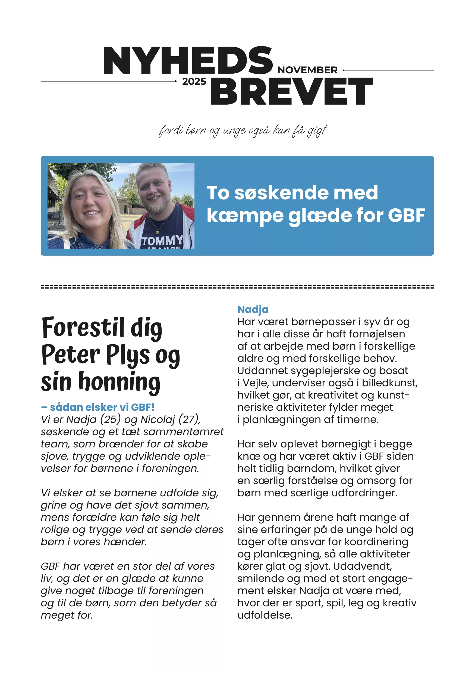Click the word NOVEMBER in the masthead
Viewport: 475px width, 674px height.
[x=307, y=70]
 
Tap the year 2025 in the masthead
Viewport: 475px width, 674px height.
[x=194, y=81]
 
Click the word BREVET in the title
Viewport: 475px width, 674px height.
[x=291, y=91]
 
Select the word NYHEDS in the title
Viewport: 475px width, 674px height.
[x=188, y=61]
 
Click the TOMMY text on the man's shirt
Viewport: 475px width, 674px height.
[x=162, y=241]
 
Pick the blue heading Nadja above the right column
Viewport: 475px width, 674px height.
[x=253, y=309]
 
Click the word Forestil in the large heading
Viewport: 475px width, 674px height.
[x=83, y=328]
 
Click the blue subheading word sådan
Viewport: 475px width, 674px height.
[x=66, y=407]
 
